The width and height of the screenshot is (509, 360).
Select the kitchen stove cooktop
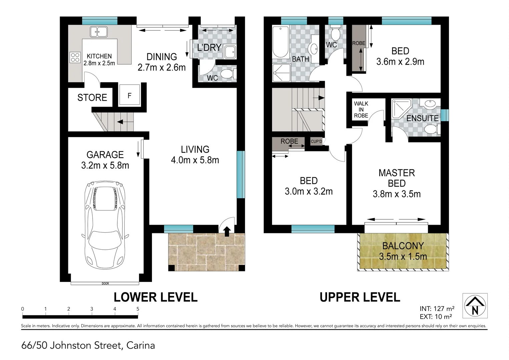[75, 57]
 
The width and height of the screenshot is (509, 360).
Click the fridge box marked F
[129, 96]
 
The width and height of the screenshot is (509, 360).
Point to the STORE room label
[92, 98]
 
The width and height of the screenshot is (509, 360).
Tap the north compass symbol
[475, 305]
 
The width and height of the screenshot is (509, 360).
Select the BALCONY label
[403, 246]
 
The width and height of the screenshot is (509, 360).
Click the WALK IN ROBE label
[361, 110]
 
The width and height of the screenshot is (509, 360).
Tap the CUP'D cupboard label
[316, 142]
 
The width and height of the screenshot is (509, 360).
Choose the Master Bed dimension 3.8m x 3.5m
[397, 194]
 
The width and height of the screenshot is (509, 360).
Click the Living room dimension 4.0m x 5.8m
[195, 160]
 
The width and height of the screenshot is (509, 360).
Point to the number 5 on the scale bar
[138, 309]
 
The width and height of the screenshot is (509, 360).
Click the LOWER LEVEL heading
[156, 297]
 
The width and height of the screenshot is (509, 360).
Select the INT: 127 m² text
[437, 309]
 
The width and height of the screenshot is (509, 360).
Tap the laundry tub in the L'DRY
[230, 52]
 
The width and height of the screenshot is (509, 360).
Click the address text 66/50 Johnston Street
[88, 345]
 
